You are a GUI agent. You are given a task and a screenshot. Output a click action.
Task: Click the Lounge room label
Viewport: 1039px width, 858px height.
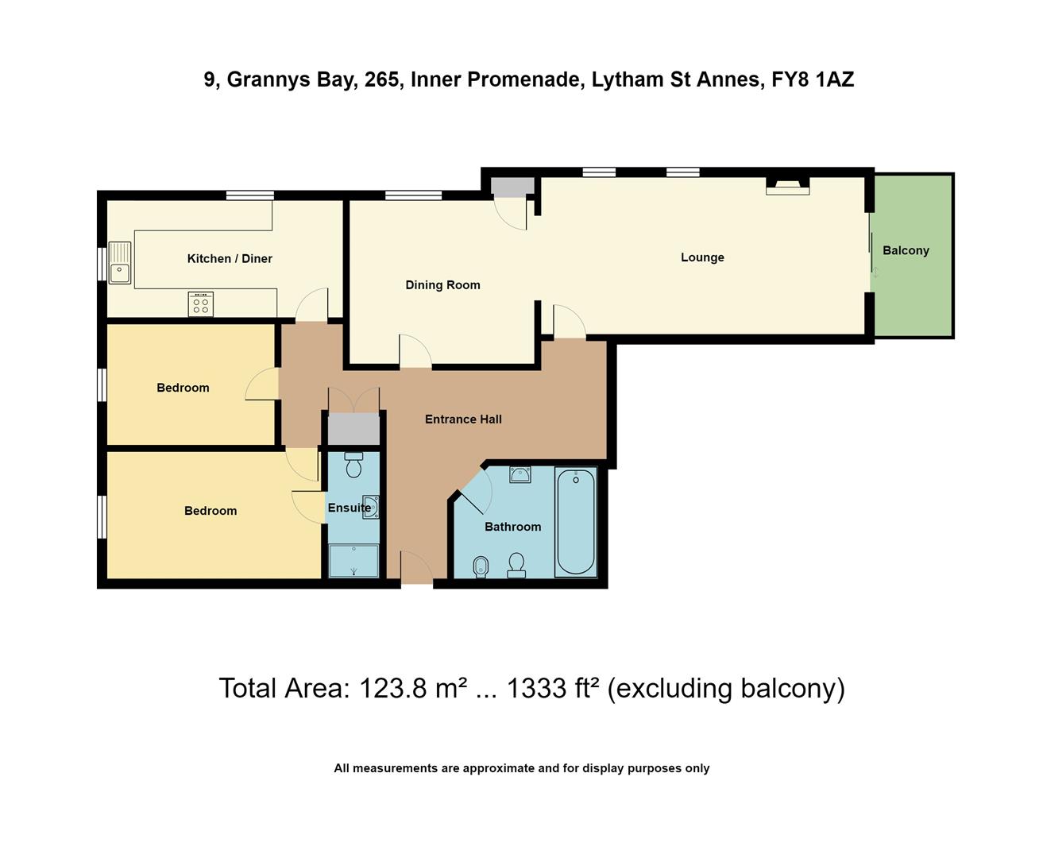click(702, 257)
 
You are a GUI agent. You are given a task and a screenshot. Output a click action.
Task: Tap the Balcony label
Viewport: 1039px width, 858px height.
click(906, 250)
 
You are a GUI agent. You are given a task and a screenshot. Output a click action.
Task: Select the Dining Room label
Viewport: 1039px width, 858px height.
click(442, 285)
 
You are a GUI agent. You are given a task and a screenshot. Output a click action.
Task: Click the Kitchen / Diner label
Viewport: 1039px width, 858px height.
click(230, 258)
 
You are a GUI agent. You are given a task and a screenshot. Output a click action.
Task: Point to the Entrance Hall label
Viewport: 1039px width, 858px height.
click(463, 419)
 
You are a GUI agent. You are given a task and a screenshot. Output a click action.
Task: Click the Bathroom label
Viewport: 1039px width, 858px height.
click(512, 527)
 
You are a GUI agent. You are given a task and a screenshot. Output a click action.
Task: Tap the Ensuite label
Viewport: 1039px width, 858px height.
click(349, 508)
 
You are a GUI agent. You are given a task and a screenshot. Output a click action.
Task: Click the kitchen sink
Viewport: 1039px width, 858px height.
click(120, 263)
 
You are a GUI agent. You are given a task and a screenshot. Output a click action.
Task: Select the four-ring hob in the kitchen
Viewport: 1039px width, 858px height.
click(201, 304)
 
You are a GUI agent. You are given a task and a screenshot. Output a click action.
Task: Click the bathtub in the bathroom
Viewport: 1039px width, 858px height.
click(576, 522)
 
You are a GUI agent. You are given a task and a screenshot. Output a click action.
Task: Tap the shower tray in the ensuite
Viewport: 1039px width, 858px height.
click(353, 560)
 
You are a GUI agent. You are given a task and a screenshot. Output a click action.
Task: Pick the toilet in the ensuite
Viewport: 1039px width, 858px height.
click(353, 464)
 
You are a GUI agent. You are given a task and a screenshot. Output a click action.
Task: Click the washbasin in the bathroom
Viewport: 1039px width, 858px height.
click(520, 475)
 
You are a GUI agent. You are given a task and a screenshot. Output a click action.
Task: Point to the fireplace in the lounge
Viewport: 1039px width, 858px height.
click(787, 186)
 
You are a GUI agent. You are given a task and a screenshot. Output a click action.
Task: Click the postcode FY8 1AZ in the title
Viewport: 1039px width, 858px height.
click(813, 79)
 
